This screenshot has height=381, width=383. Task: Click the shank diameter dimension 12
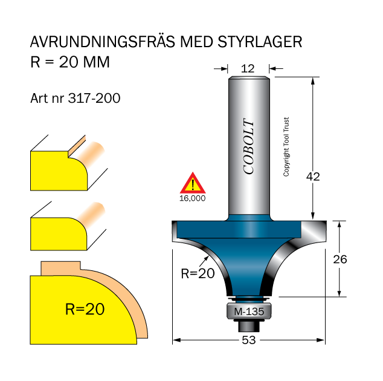(x=248, y=69)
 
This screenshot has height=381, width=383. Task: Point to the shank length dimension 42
(x=313, y=177)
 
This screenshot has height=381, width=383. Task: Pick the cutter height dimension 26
(x=341, y=259)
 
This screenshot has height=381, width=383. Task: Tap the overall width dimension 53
(x=248, y=340)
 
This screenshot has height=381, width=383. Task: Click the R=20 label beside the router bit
(x=198, y=273)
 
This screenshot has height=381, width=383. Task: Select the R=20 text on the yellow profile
(x=85, y=309)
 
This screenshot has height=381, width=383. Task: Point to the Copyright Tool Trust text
(x=286, y=147)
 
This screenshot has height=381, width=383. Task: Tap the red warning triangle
(x=192, y=183)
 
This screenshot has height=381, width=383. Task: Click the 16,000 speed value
(x=192, y=198)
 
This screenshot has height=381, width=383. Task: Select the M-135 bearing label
(x=248, y=312)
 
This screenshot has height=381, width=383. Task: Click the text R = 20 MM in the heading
(x=69, y=62)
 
